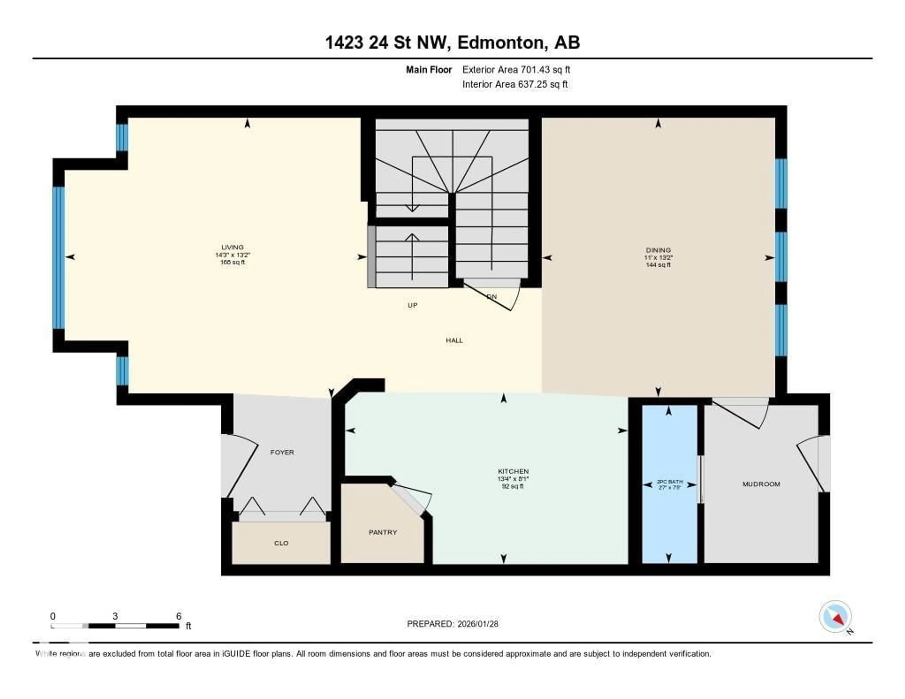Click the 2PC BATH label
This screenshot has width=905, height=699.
pyautogui.click(x=670, y=482)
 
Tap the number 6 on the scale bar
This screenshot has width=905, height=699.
pyautogui.click(x=179, y=616)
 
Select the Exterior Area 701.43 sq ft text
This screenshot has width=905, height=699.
pyautogui.click(x=516, y=70)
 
